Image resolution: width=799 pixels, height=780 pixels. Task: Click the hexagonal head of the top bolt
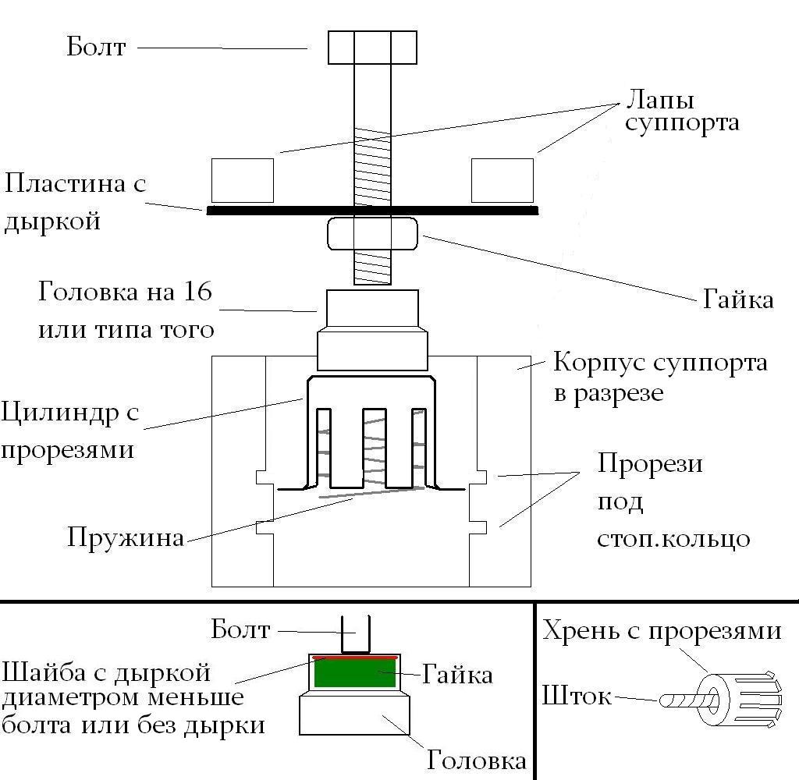tap(372, 48)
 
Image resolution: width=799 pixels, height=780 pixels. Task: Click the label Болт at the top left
tap(96, 46)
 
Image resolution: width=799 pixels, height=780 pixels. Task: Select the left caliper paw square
tap(243, 180)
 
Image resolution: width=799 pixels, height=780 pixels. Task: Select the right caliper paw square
tap(502, 180)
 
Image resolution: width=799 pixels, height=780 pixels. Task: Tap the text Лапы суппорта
tap(682, 112)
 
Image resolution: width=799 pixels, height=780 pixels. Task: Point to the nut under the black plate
tap(372, 234)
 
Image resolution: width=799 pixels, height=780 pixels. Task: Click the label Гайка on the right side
tap(737, 300)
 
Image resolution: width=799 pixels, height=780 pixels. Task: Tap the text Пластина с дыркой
tap(75, 202)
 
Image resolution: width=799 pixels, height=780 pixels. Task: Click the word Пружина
tap(125, 538)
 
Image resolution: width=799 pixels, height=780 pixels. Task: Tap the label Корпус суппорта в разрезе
tap(659, 378)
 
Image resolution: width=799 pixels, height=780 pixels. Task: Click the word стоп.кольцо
tap(674, 538)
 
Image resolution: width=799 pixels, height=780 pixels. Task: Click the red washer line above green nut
tap(355, 658)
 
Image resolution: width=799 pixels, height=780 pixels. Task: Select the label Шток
tap(576, 696)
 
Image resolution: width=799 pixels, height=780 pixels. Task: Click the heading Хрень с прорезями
tap(662, 630)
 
